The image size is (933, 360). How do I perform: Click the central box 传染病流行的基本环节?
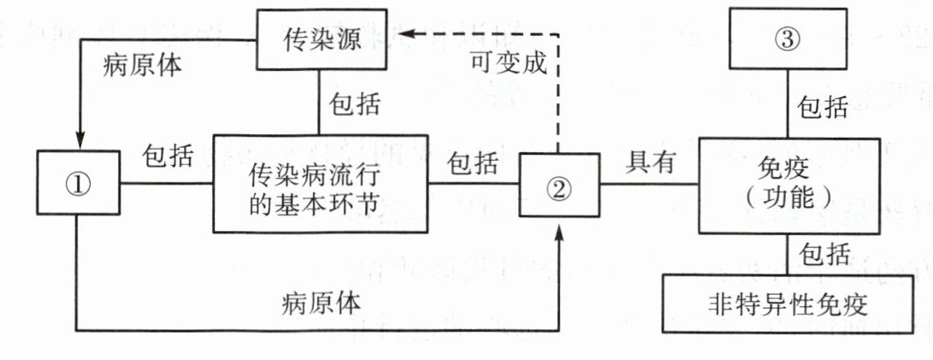click(x=319, y=182)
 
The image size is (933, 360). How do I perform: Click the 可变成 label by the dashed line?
click(x=507, y=63)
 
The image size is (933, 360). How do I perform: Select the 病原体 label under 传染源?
click(x=141, y=65)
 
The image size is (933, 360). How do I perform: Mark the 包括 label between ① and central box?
click(x=167, y=157)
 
